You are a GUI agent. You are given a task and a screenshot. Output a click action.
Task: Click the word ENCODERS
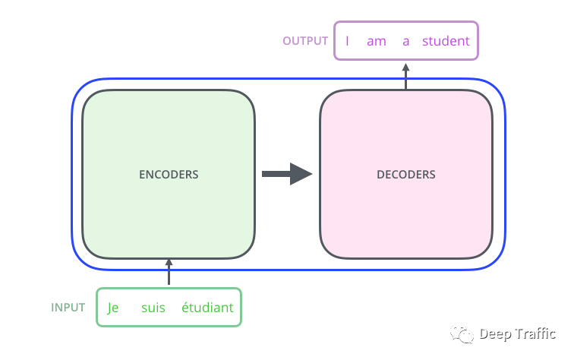pyautogui.click(x=169, y=175)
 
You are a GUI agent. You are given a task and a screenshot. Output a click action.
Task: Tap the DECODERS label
pyautogui.click(x=406, y=175)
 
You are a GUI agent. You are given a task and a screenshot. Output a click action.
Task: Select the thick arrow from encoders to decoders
pyautogui.click(x=287, y=174)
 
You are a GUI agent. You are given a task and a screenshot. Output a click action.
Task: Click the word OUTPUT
pyautogui.click(x=305, y=41)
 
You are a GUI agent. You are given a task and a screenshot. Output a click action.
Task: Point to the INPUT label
pyautogui.click(x=68, y=308)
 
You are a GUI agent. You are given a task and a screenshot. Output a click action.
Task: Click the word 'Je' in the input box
pyautogui.click(x=112, y=308)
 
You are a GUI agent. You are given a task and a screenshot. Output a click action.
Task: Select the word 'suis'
pyautogui.click(x=153, y=308)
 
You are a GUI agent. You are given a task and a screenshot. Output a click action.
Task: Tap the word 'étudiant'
pyautogui.click(x=207, y=307)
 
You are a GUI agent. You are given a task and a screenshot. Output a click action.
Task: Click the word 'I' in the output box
pyautogui.click(x=347, y=41)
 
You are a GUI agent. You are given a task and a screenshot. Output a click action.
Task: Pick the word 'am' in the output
pyautogui.click(x=377, y=41)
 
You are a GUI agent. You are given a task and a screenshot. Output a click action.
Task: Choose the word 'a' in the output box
pyautogui.click(x=405, y=41)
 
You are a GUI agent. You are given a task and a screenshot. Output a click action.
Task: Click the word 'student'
pyautogui.click(x=446, y=41)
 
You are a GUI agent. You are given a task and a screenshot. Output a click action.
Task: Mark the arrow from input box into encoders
pyautogui.click(x=169, y=272)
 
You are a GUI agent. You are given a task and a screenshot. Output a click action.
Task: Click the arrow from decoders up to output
pyautogui.click(x=405, y=76)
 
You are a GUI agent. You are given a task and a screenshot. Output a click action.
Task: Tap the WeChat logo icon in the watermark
pyautogui.click(x=462, y=333)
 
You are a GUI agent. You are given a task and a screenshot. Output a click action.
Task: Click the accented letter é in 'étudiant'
pyautogui.click(x=185, y=307)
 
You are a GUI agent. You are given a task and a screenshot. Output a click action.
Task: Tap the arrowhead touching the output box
pyautogui.click(x=405, y=67)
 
